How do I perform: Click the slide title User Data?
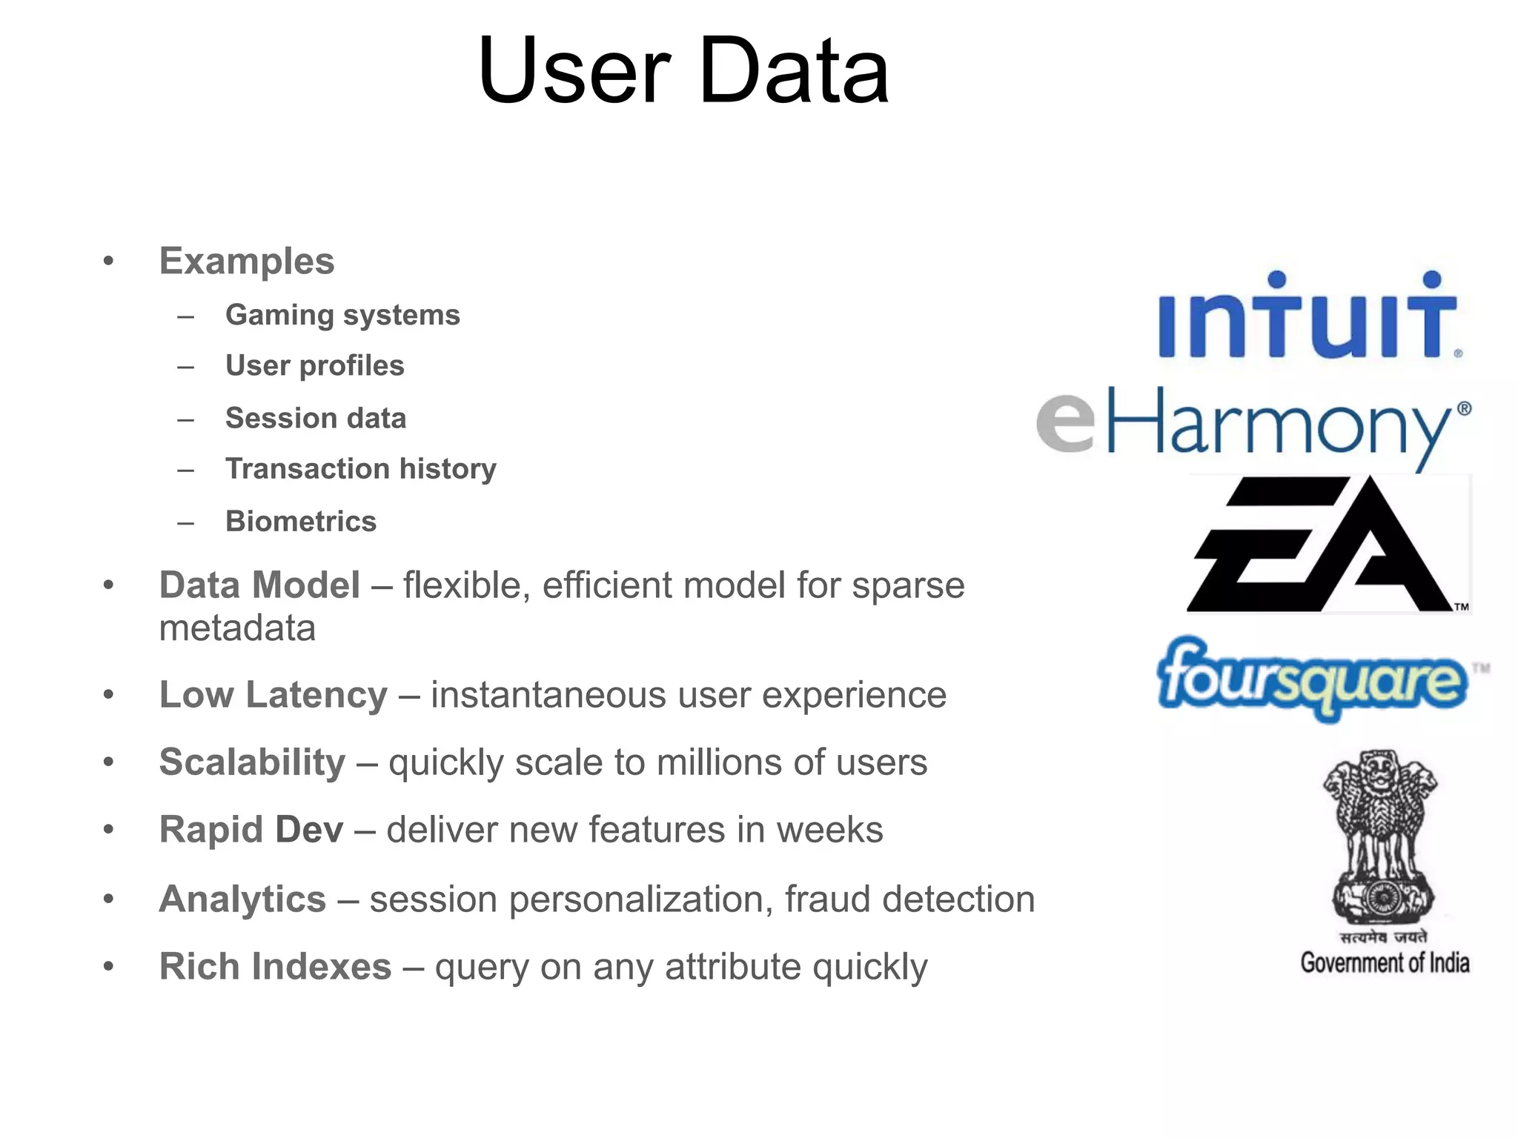pos(683,72)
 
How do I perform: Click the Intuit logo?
pos(1308,317)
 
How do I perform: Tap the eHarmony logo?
pos(1253,424)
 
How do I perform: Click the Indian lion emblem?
pos(1380,837)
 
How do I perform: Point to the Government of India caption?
pos(1385,963)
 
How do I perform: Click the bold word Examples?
pos(247,262)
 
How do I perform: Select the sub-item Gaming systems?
pos(342,316)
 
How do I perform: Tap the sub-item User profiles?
pos(315,366)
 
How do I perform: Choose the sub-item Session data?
pos(316,419)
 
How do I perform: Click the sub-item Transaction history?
pos(361,469)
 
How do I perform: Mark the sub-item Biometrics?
pos(301,522)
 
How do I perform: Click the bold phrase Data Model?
pos(259,585)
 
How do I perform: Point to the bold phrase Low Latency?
pos(273,695)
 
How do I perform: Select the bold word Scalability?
pos(252,762)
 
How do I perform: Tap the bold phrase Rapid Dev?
pos(251,830)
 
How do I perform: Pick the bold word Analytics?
pos(242,899)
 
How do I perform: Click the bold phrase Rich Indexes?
pos(275,967)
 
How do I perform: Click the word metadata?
pos(237,629)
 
